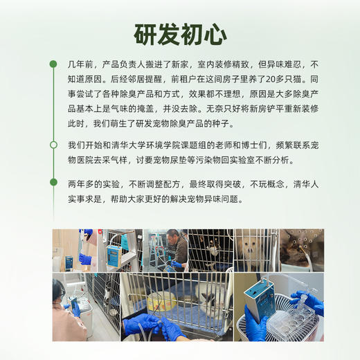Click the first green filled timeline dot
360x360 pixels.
(x=53, y=64)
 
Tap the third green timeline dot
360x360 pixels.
(x=53, y=182)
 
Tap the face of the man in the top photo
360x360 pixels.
(x=172, y=237)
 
